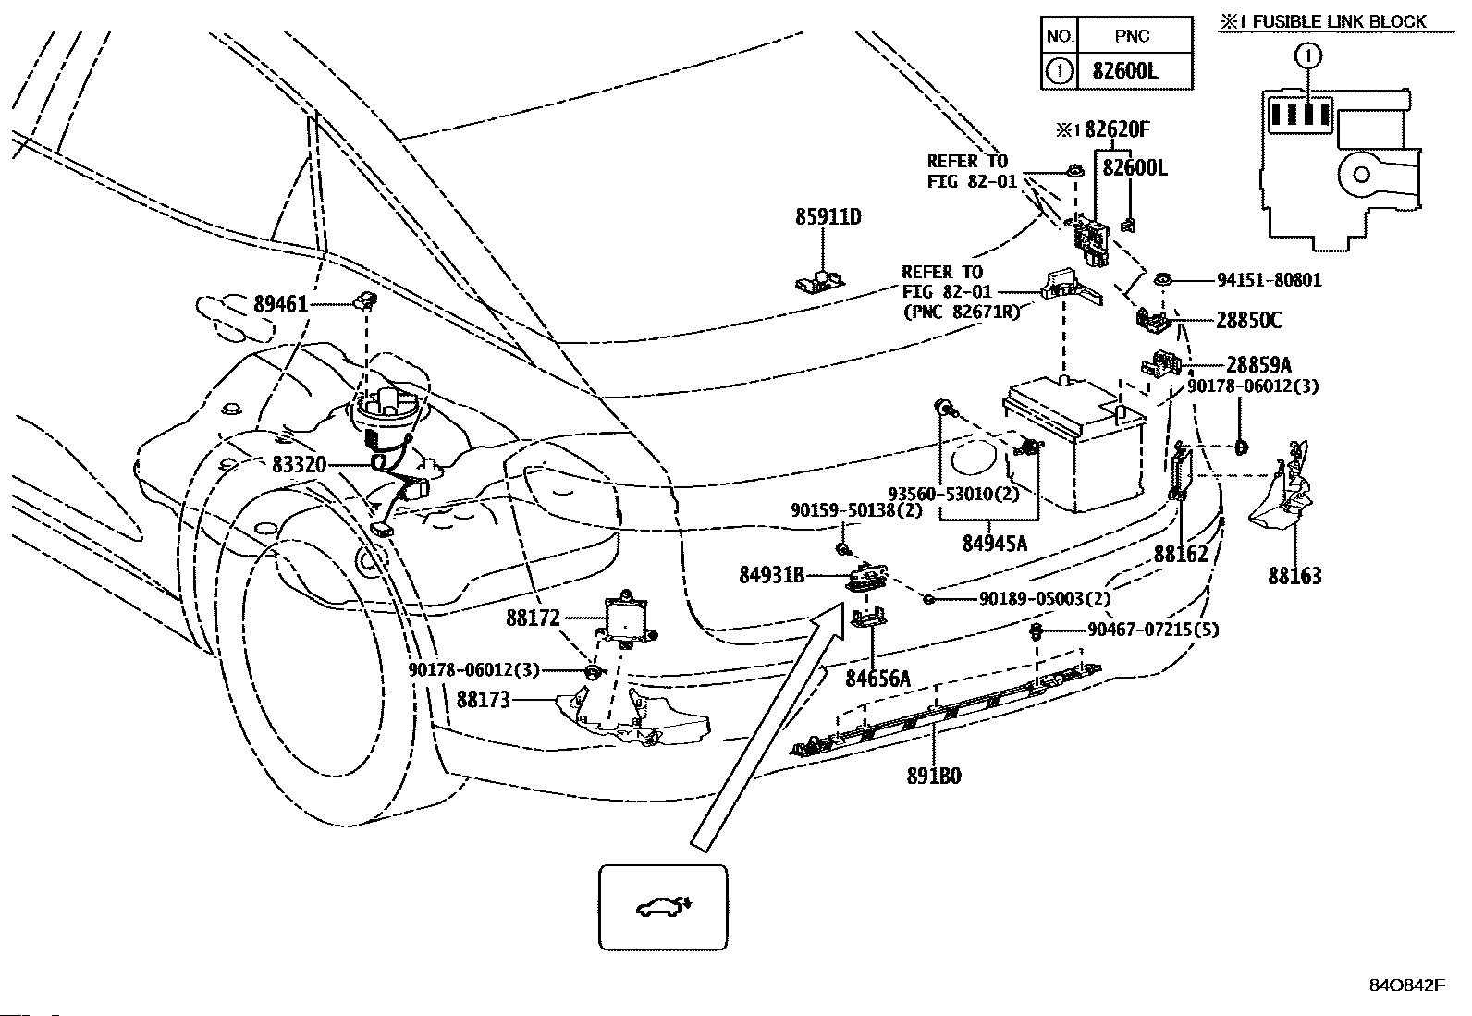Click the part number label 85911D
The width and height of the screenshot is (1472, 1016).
[x=828, y=217]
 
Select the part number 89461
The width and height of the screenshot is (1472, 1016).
[x=280, y=303]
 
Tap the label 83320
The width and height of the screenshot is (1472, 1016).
[x=299, y=465]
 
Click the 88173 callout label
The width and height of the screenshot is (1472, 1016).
[x=483, y=700]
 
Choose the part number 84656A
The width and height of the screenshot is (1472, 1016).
[x=877, y=679]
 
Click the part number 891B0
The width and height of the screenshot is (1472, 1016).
[x=933, y=777]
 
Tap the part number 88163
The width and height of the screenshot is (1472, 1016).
[x=1294, y=576]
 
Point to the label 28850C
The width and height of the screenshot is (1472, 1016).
[x=1248, y=321]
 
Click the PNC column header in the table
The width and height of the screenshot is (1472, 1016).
[x=1133, y=36]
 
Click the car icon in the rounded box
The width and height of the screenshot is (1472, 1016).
[x=663, y=907]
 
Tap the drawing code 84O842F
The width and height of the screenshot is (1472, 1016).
[x=1405, y=985]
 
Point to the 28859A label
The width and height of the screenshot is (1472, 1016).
[x=1258, y=364]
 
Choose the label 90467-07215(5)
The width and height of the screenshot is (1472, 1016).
[x=1152, y=630]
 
